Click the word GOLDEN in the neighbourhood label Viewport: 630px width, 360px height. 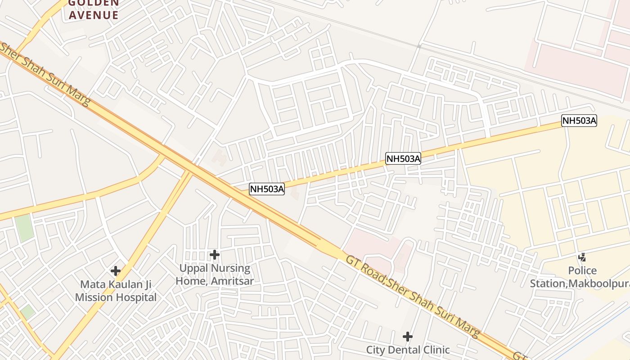click(94, 3)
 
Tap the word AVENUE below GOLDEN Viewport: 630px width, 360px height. click(94, 15)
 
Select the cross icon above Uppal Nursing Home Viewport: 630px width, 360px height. click(215, 255)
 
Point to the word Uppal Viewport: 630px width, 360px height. click(193, 269)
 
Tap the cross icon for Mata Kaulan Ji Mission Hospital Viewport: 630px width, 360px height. click(116, 271)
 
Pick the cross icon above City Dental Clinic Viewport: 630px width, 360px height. click(408, 337)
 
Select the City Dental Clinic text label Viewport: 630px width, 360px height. click(408, 350)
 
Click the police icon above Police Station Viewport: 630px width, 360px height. click(582, 257)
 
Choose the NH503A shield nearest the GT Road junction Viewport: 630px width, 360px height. click(267, 189)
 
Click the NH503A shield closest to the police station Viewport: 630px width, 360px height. click(579, 121)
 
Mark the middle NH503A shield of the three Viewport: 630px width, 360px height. click(403, 158)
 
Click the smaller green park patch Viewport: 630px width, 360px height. click(27, 312)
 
